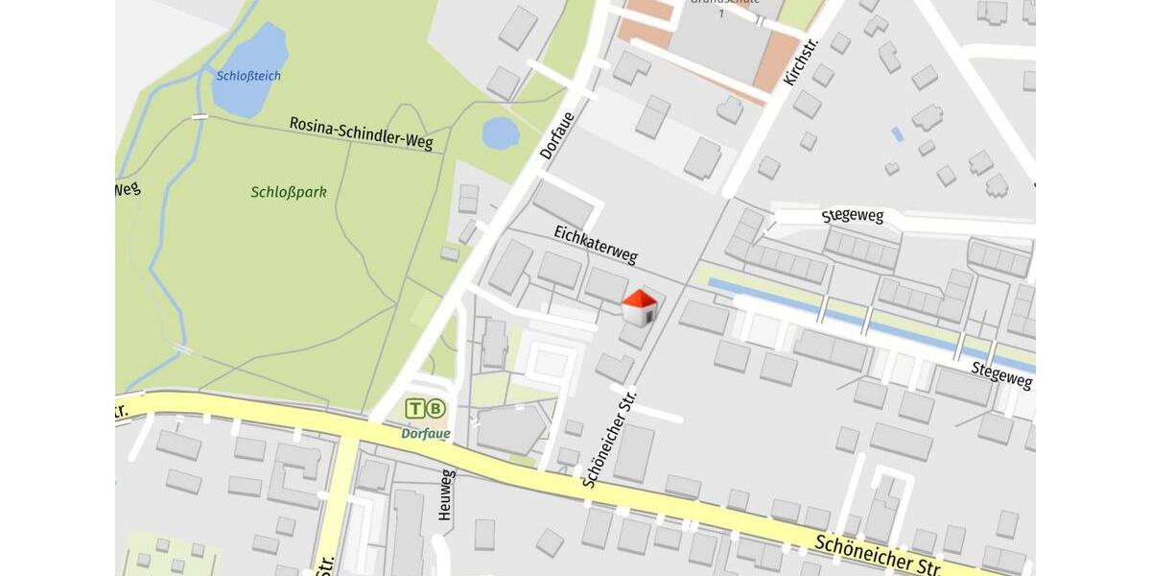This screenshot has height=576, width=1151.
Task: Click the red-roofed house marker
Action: (x=640, y=308)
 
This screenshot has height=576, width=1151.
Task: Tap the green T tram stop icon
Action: (x=414, y=408)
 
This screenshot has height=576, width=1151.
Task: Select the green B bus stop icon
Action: (x=436, y=408)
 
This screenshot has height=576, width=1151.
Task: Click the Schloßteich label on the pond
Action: (x=248, y=76)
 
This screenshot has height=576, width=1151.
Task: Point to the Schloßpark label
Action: (x=289, y=192)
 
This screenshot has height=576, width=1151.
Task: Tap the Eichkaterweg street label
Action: (x=596, y=244)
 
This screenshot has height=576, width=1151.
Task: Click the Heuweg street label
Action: (x=445, y=494)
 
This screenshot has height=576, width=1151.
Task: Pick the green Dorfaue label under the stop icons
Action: (x=425, y=433)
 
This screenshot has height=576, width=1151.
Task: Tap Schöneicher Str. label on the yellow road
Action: (x=878, y=556)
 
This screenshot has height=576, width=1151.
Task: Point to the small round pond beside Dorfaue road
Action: (x=500, y=133)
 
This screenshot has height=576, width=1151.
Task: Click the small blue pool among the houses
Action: (x=897, y=134)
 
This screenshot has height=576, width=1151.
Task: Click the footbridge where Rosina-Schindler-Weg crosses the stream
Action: (x=200, y=116)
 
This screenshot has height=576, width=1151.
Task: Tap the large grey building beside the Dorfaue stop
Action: (x=510, y=429)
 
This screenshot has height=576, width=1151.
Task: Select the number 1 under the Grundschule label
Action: (x=721, y=12)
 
